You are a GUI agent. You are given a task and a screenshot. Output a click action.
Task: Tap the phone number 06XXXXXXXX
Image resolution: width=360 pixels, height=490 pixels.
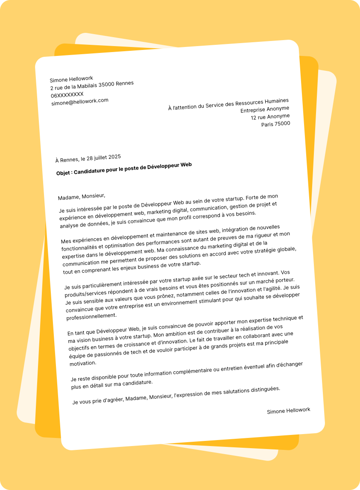point(67,95)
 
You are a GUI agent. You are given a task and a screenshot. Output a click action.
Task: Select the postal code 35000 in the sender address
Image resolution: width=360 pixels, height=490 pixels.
point(106,85)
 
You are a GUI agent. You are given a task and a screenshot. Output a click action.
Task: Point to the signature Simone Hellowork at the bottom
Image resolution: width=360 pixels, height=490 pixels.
point(289,411)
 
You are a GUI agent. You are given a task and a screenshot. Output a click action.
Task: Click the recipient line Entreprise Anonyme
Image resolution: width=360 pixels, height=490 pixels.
point(265,109)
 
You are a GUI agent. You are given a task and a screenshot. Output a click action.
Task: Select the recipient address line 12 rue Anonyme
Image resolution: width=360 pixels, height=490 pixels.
point(270,117)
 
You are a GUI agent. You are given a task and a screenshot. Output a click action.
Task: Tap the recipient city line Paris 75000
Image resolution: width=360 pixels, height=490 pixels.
point(276,124)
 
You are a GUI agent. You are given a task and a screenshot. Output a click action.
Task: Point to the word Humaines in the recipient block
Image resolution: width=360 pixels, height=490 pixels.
point(277,102)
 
